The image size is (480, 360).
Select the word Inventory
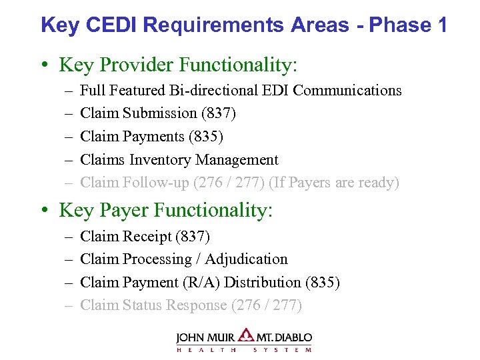point(160,160)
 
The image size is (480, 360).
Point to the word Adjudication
point(246,259)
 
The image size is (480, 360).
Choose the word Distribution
point(263,283)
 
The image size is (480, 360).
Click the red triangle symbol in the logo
point(247,335)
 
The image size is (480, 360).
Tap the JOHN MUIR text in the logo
point(207,337)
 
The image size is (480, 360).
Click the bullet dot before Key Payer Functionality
point(44,211)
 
